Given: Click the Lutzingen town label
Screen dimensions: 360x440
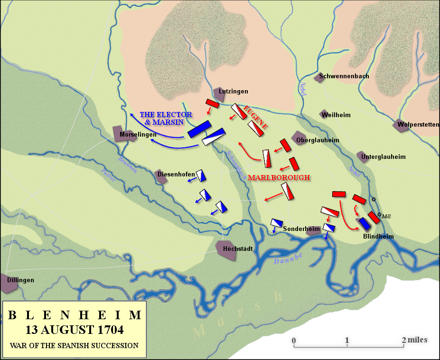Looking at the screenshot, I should (x=234, y=92).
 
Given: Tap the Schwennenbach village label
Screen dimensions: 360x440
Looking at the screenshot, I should (x=344, y=76).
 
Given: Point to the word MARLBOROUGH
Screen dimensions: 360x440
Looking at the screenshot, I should (x=279, y=177).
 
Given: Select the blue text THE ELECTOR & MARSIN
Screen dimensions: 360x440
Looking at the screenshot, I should (x=166, y=118).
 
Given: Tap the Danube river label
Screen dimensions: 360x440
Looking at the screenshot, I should (x=288, y=258).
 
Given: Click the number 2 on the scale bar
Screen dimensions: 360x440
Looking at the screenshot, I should (x=404, y=340).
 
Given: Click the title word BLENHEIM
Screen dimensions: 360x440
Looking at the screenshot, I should (x=75, y=315).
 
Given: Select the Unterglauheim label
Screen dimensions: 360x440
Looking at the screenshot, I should (x=383, y=157).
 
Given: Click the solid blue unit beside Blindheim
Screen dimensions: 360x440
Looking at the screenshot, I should (x=365, y=223).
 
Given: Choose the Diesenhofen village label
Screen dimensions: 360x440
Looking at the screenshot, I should (x=176, y=174).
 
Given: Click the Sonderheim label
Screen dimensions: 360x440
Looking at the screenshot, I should (x=301, y=229).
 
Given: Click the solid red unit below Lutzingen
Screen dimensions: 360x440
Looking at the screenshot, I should (x=212, y=103).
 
